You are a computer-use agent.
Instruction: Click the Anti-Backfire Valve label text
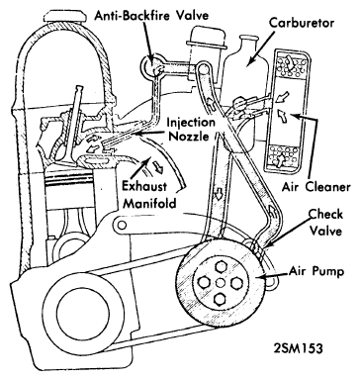click(152, 16)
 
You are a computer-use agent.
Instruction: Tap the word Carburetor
click(302, 23)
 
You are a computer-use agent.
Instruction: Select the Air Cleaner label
click(315, 187)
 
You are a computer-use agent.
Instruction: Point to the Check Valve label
click(325, 223)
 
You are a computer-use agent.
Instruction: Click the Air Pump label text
click(316, 271)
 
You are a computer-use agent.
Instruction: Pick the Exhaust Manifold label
click(149, 195)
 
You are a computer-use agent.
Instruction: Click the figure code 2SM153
click(298, 348)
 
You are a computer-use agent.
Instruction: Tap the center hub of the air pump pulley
click(220, 283)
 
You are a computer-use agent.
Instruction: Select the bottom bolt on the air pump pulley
click(220, 298)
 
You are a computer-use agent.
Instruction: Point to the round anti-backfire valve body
click(151, 64)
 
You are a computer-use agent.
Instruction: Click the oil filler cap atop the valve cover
click(62, 16)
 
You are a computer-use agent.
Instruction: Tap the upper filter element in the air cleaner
click(289, 65)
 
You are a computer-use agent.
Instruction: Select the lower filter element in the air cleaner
click(284, 157)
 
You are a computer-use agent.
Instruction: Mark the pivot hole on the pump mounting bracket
click(122, 226)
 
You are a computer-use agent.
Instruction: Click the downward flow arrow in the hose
click(218, 195)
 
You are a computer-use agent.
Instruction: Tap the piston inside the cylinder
click(70, 188)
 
